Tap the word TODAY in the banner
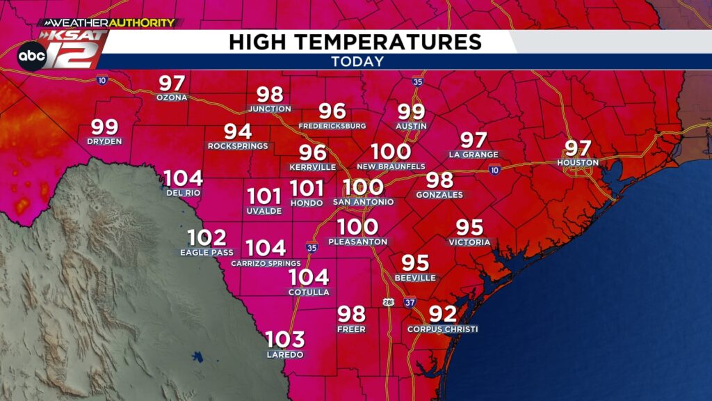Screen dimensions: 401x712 357,61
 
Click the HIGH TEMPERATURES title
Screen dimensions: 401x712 355,42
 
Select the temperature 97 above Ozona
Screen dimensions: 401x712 172,84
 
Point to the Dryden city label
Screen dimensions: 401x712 104,141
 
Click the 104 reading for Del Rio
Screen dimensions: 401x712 184,178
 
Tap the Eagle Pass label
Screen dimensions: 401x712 207,252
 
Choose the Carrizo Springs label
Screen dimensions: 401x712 266,264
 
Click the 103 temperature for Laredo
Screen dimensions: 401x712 285,340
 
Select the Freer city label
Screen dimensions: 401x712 351,329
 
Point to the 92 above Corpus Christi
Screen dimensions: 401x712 443,314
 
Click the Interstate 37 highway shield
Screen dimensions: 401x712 410,302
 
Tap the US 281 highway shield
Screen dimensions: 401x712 388,302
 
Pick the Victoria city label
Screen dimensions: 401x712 469,242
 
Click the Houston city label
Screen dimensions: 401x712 578,163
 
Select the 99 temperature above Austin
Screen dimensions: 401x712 411,111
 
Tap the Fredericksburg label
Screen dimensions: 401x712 332,126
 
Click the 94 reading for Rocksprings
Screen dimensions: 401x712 238,131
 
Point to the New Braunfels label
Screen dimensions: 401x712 391,167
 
